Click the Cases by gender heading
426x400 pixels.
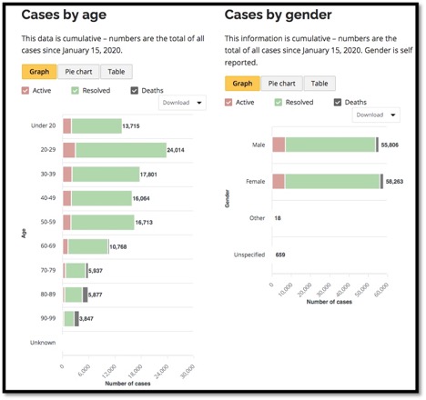pos(279,15)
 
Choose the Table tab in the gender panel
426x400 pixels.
pos(316,83)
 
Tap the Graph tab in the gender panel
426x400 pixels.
pos(241,83)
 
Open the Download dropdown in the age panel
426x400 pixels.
pos(182,103)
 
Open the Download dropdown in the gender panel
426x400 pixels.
pos(376,115)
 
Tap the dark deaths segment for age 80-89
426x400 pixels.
pos(85,295)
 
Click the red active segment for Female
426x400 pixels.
pos(279,182)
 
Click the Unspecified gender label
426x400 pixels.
pos(250,255)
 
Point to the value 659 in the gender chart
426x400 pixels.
pos(280,255)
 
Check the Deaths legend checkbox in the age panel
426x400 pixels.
pos(135,90)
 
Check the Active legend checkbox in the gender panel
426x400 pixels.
pos(228,102)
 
